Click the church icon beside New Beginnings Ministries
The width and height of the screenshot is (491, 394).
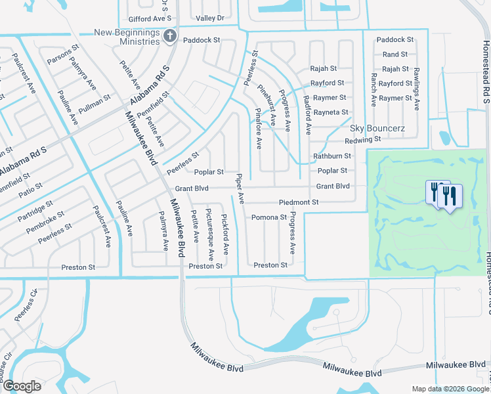(170, 37)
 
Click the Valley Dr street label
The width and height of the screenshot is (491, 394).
(210, 18)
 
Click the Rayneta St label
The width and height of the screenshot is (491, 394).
(331, 113)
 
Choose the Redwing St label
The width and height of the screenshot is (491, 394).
(363, 140)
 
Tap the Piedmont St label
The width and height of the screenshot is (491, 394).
(298, 202)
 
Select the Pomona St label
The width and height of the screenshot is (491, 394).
(269, 217)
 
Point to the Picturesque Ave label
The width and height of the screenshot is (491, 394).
(209, 233)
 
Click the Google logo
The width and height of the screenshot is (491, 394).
(22, 386)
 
